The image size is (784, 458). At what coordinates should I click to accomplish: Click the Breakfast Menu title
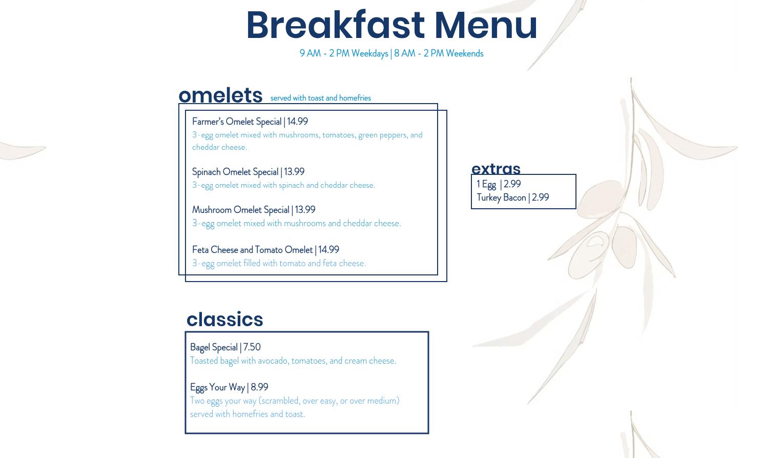(391, 25)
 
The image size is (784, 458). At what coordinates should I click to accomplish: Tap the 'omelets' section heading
(220, 95)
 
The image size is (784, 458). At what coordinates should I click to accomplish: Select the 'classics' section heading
(225, 320)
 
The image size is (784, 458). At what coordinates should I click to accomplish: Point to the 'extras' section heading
(496, 169)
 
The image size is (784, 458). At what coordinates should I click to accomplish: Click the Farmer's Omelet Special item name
(237, 122)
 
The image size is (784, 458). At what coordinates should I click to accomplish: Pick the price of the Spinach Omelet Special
(294, 172)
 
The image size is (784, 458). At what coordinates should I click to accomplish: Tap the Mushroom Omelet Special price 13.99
(305, 210)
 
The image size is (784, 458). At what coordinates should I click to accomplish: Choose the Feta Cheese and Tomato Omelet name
(252, 250)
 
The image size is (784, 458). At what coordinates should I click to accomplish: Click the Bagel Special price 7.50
(252, 347)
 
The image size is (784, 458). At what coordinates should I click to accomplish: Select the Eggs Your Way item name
(217, 388)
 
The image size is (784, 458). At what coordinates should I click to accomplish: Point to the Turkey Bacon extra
(501, 198)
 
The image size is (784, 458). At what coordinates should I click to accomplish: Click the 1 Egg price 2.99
(512, 184)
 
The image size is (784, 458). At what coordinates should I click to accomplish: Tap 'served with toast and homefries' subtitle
(321, 98)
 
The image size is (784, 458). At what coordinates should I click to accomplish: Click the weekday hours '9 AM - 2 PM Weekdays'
(344, 54)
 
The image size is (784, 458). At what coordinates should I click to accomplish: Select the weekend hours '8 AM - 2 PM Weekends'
(439, 54)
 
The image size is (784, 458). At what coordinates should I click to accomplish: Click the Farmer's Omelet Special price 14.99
(297, 122)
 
